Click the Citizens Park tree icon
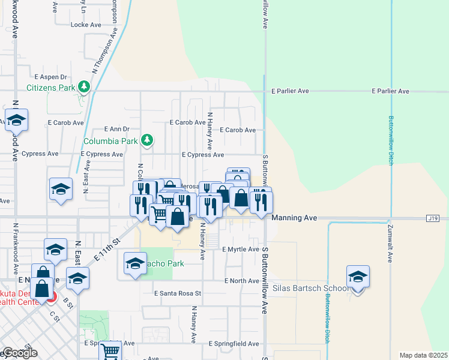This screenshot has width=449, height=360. coord(84,87)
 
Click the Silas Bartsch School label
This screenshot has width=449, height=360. coord(310,289)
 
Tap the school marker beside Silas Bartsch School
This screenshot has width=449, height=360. coord(358,277)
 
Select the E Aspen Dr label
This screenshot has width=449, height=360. coord(50,77)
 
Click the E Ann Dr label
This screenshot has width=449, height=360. coord(116,129)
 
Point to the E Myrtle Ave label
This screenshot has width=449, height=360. coord(240,249)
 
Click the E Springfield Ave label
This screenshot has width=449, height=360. coord(234,344)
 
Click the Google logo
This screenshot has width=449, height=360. coord(20,353)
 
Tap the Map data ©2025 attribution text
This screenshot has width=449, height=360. coord(423,355)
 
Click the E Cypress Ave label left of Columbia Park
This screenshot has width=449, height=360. coord(102,154)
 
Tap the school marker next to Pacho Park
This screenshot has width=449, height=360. coord(135,264)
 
